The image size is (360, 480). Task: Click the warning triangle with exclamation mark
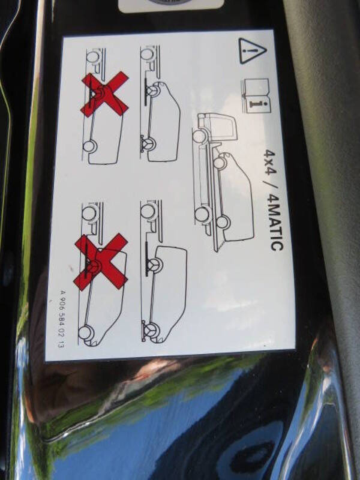click(252, 51)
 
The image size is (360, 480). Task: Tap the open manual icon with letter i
click(257, 95)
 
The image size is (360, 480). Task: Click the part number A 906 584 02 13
click(61, 318)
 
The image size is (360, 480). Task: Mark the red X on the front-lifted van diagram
click(104, 94)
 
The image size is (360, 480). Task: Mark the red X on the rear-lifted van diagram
click(101, 262)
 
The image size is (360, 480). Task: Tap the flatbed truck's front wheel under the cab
click(200, 136)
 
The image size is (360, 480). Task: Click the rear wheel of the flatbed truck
click(202, 214)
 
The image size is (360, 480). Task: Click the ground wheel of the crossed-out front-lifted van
click(89, 146)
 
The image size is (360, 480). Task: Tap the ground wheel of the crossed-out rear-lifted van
click(86, 332)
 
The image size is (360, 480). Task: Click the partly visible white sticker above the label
click(171, 5)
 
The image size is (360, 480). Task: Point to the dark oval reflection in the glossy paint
click(253, 456)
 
